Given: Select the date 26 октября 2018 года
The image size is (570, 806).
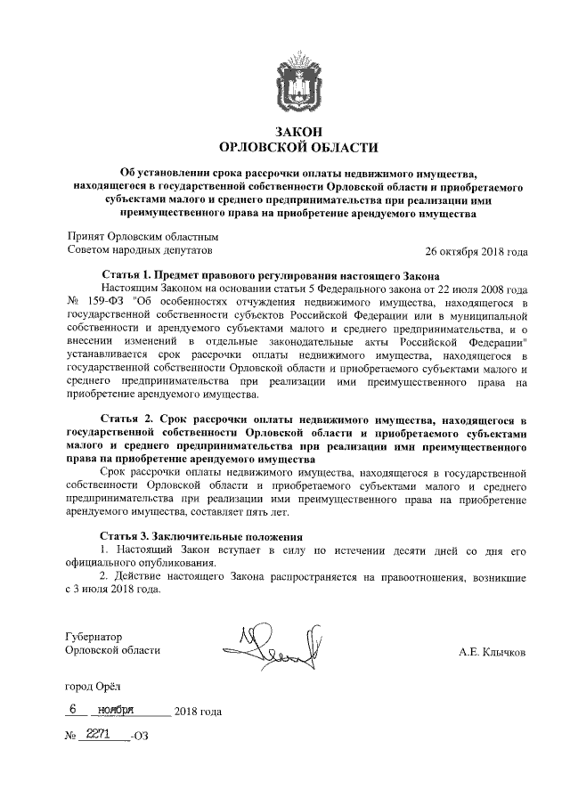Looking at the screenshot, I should coord(476,252).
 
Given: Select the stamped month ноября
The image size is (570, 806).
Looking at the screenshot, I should coord(118,710).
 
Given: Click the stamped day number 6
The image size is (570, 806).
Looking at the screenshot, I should coord(74,710).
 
